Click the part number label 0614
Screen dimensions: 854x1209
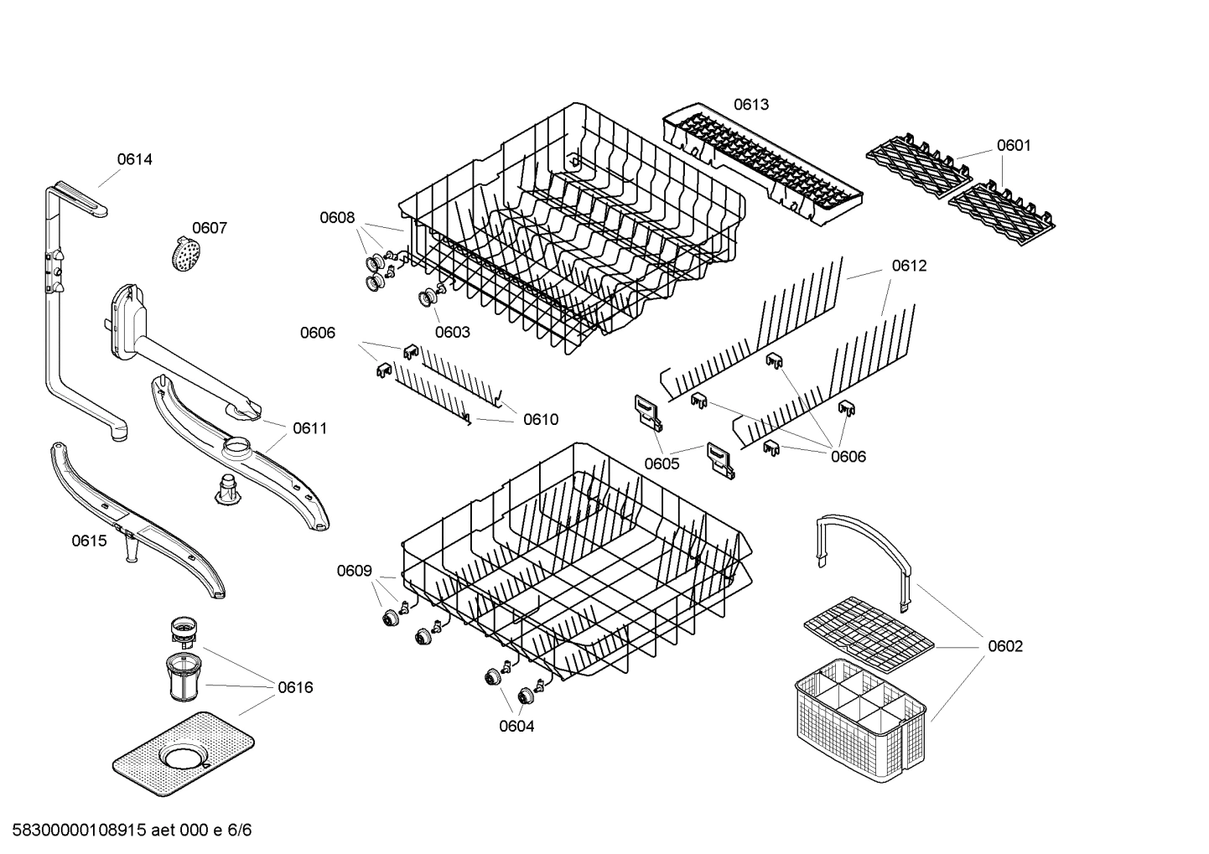click(x=134, y=159)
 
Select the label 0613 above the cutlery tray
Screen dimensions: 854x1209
click(x=750, y=105)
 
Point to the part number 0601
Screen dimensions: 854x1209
click(x=1013, y=146)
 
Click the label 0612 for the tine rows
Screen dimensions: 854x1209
click(x=909, y=266)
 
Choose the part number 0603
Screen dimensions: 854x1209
click(x=452, y=332)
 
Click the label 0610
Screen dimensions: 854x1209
click(x=541, y=420)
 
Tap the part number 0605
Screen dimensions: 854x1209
click(x=662, y=463)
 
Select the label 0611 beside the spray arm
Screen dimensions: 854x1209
click(x=309, y=428)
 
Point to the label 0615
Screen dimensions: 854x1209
click(x=89, y=541)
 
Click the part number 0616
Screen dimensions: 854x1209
click(x=295, y=687)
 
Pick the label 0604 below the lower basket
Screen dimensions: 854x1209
click(x=516, y=727)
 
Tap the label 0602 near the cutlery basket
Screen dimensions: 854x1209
click(x=1004, y=646)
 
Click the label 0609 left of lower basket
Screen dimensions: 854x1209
click(x=354, y=571)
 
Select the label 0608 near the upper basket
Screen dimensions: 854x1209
click(x=336, y=218)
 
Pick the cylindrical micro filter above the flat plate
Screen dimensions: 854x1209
click(x=184, y=676)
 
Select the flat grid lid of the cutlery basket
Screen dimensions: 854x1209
click(x=868, y=629)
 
